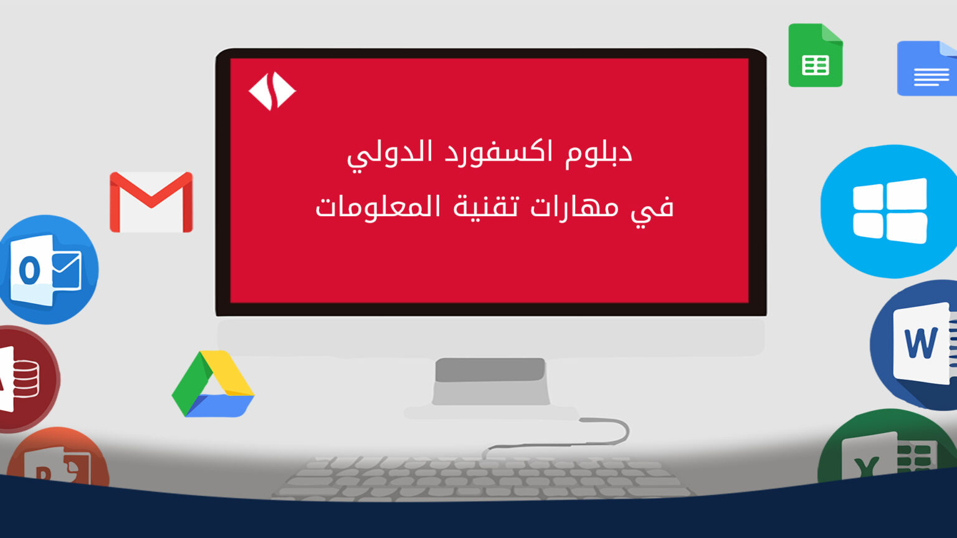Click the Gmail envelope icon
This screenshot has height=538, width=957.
coord(151,202)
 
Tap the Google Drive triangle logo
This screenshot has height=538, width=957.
coord(212,384)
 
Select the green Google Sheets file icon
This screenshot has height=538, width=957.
coord(815,55)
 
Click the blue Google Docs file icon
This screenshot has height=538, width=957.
coord(927,68)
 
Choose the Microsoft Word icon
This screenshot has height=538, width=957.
coord(914,345)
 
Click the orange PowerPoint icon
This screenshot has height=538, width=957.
coord(58,458)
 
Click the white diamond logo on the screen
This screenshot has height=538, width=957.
coord(272,91)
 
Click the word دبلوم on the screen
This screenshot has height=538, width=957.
coord(599,153)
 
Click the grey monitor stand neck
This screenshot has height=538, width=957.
coord(490,381)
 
